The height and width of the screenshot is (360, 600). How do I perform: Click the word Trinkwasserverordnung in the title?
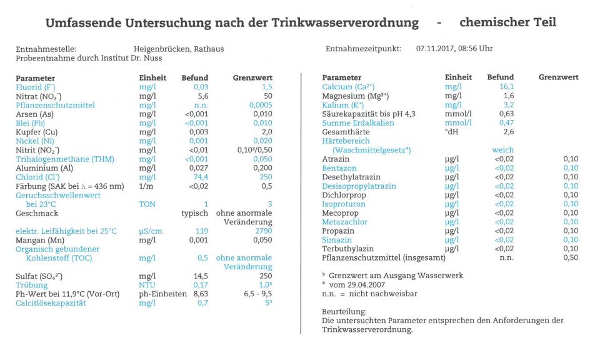click(x=345, y=23)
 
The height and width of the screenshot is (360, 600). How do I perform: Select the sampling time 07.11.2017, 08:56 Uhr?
click(x=454, y=49)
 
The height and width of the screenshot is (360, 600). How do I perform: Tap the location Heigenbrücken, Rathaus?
click(x=179, y=49)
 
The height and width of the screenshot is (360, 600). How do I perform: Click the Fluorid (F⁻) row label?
click(x=36, y=87)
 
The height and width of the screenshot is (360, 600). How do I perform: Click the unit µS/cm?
click(x=150, y=231)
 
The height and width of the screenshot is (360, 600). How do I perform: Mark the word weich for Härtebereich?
click(x=502, y=150)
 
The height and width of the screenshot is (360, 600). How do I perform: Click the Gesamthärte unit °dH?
click(x=451, y=132)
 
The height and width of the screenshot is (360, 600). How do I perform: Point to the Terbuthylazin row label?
click(x=348, y=249)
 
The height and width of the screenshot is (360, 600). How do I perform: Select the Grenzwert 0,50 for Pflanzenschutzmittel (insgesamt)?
click(x=571, y=257)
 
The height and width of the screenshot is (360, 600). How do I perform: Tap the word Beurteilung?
click(x=344, y=311)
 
